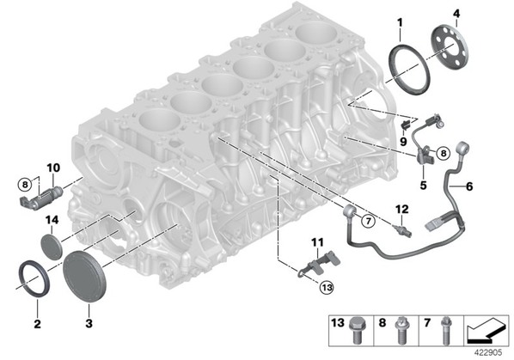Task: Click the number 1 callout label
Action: click(x=400, y=23)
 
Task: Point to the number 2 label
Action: click(x=37, y=324)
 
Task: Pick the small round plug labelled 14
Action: click(x=52, y=247)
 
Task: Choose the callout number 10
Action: click(x=53, y=168)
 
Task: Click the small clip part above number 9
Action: click(x=406, y=124)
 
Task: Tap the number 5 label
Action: click(x=423, y=185)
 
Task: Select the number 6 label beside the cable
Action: click(x=469, y=186)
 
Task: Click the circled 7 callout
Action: click(x=369, y=222)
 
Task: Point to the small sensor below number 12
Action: click(x=402, y=230)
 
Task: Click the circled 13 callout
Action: click(x=327, y=287)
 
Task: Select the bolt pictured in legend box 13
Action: click(x=356, y=330)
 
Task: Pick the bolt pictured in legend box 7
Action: click(x=445, y=330)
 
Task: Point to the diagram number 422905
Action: click(x=489, y=352)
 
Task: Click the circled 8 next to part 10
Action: click(x=25, y=185)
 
